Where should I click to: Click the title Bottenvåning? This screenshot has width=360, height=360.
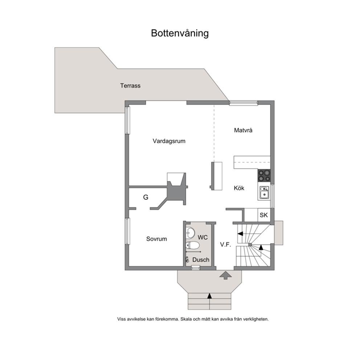(x=180, y=33)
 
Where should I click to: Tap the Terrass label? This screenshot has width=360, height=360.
(x=130, y=86)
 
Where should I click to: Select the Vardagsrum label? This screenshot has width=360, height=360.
(x=169, y=141)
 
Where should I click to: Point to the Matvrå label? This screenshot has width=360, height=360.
(x=243, y=130)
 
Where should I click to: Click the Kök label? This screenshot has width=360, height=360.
(x=239, y=188)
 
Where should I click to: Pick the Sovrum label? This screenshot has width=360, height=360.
(x=156, y=239)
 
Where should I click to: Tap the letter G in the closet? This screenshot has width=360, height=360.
(x=146, y=197)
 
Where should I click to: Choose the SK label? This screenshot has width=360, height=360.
(x=263, y=215)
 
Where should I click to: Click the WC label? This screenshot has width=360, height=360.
(x=202, y=237)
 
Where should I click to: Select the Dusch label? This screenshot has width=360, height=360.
(x=201, y=260)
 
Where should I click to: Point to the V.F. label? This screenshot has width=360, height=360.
(x=225, y=245)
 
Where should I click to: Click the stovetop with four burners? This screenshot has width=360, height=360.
(x=264, y=176)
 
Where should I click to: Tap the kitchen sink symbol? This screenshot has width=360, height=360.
(x=264, y=192)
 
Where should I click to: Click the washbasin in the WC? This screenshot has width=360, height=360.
(x=190, y=233)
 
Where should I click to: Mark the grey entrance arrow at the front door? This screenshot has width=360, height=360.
(x=226, y=275)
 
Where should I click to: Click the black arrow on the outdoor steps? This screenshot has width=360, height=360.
(x=209, y=296)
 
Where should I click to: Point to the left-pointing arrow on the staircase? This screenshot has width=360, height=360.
(x=240, y=234)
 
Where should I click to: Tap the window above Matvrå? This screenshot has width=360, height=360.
(x=244, y=103)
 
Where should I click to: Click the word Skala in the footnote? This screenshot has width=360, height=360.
(x=186, y=319)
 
